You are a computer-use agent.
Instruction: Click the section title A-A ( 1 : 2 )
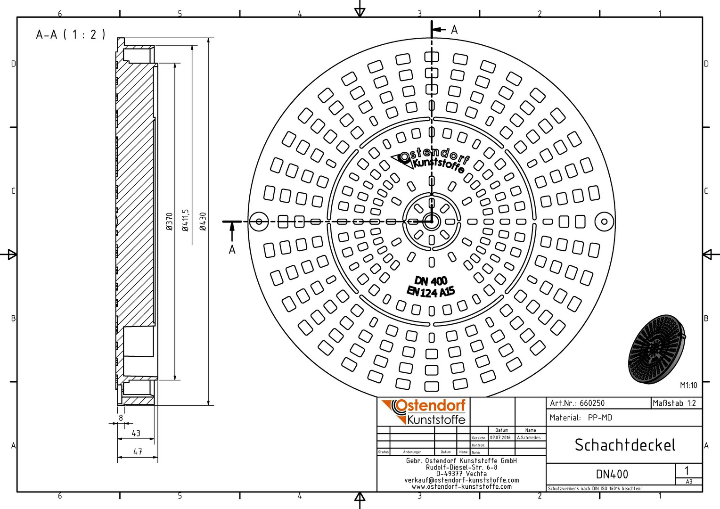coord(71,34)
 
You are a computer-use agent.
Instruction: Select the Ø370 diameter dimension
coord(170,221)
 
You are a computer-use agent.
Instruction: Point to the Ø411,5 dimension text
coord(186,220)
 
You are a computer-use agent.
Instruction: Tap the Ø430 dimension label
coord(203,221)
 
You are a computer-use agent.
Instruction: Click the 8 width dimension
coord(121,418)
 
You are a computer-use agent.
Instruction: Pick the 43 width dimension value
coord(136,433)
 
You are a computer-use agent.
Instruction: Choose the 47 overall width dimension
coord(138,452)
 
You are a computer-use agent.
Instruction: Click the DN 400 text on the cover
coord(431,281)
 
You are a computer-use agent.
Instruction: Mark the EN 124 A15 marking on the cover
coord(431,292)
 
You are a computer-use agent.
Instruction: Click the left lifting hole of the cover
coord(259,221)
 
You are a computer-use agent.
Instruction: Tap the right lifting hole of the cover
coord(604,221)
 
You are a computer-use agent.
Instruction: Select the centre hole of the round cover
coord(431,221)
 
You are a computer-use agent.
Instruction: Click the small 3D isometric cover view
coord(657,349)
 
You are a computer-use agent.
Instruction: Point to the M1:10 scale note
coord(688,385)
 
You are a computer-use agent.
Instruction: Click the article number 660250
coord(592,403)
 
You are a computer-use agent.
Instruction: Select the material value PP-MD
coord(600,418)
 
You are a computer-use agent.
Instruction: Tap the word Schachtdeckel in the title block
coord(625,445)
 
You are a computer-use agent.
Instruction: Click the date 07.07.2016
coord(500,437)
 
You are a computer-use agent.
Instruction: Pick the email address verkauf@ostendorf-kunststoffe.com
coord(461,480)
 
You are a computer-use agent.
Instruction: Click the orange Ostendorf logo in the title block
coord(424,411)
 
